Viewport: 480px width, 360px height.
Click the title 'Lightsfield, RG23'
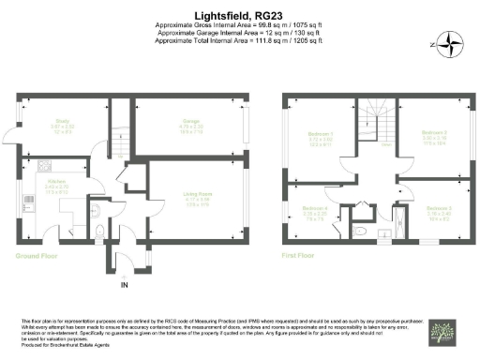[x=239, y=15]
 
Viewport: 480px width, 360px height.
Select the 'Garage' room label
[x=190, y=120]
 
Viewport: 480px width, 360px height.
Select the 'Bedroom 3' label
[x=439, y=207]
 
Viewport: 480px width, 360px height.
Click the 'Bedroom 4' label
[x=314, y=207]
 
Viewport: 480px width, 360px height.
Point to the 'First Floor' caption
[x=299, y=254]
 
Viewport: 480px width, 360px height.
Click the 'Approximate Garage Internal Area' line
[x=239, y=33]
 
